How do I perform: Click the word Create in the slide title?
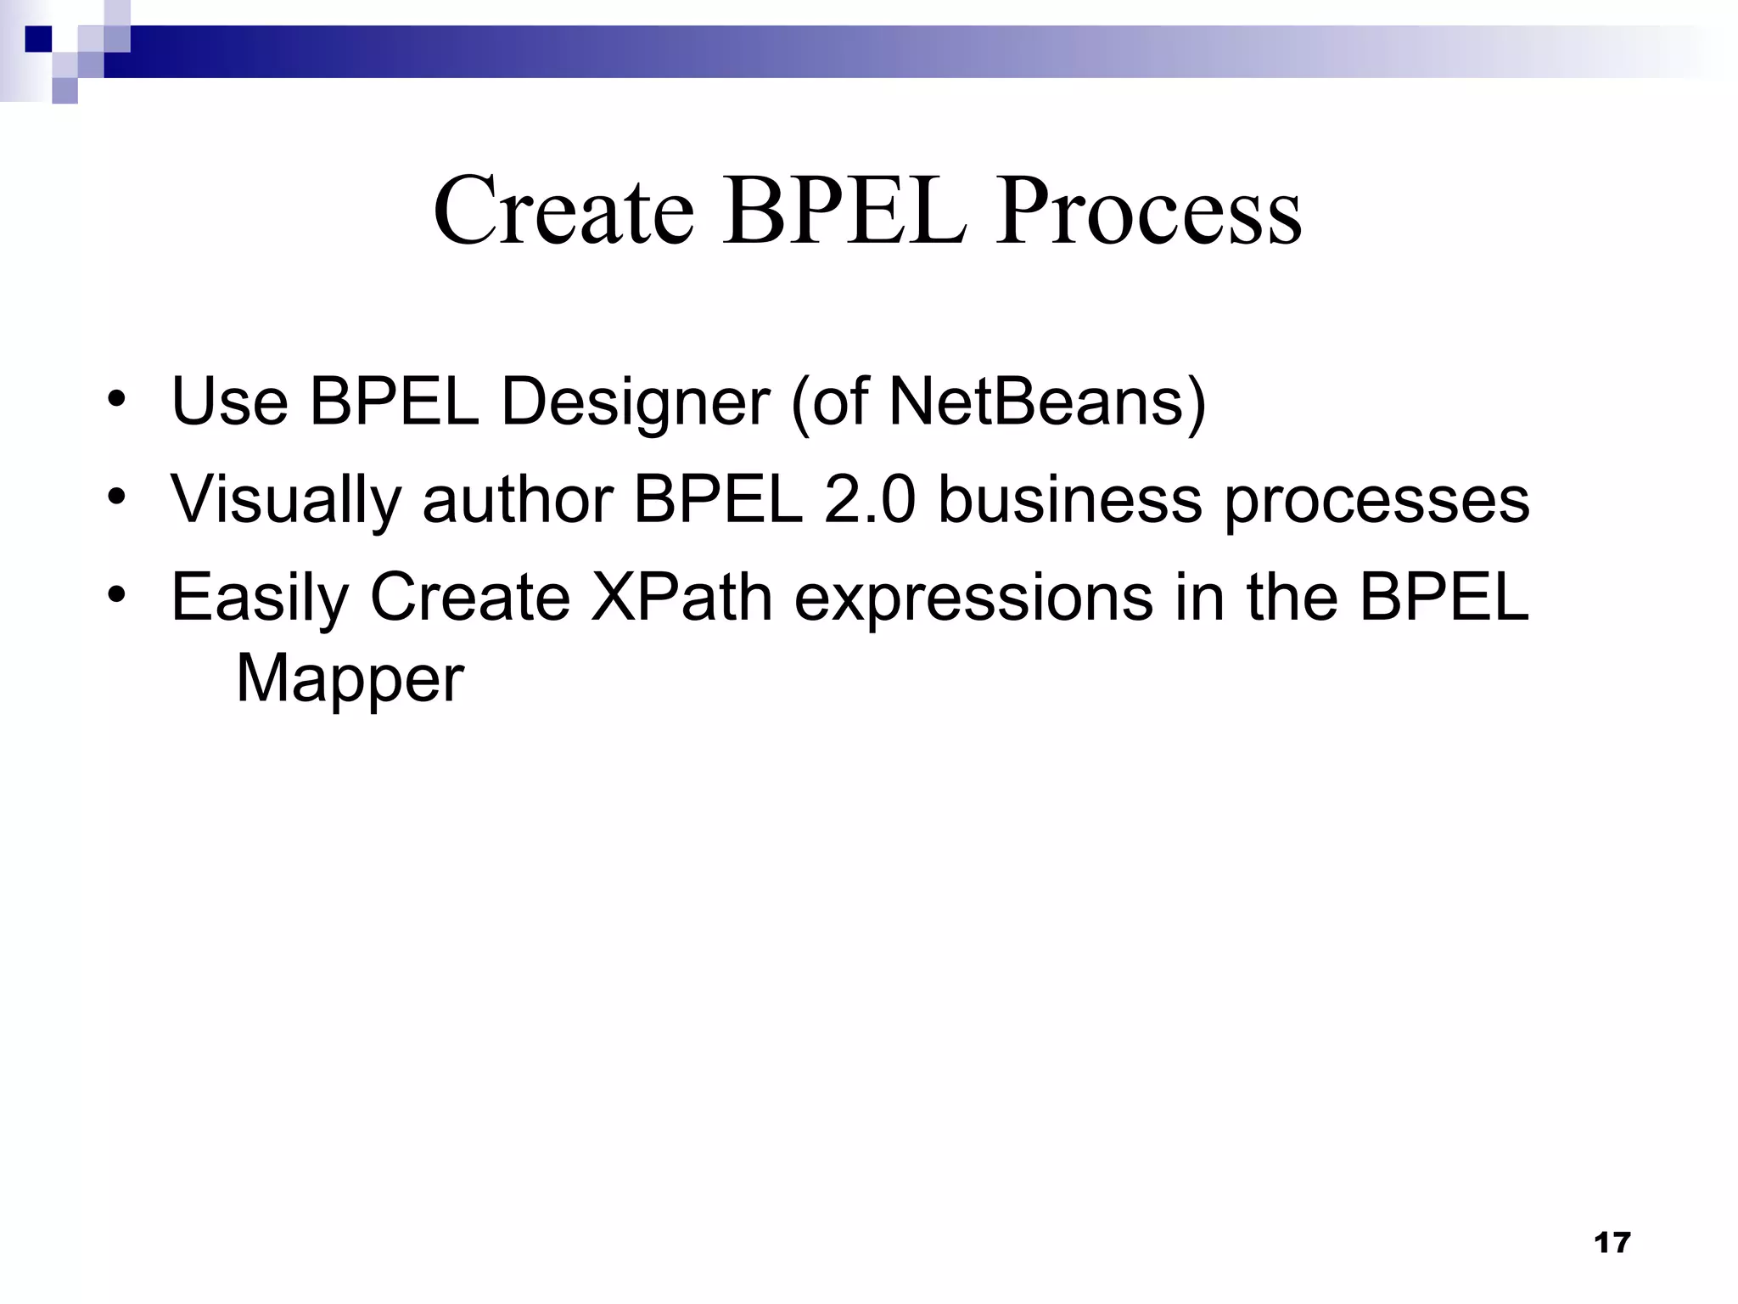click(x=563, y=211)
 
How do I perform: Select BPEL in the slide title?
click(x=844, y=211)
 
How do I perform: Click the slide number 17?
click(x=1612, y=1243)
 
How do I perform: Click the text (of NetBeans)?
click(x=998, y=401)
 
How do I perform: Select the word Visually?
click(x=285, y=499)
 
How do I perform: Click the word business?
click(x=1069, y=499)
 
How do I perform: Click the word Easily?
click(x=259, y=598)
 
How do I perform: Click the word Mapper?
click(x=350, y=679)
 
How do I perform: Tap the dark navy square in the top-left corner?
click(x=37, y=39)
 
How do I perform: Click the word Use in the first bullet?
click(x=229, y=401)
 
